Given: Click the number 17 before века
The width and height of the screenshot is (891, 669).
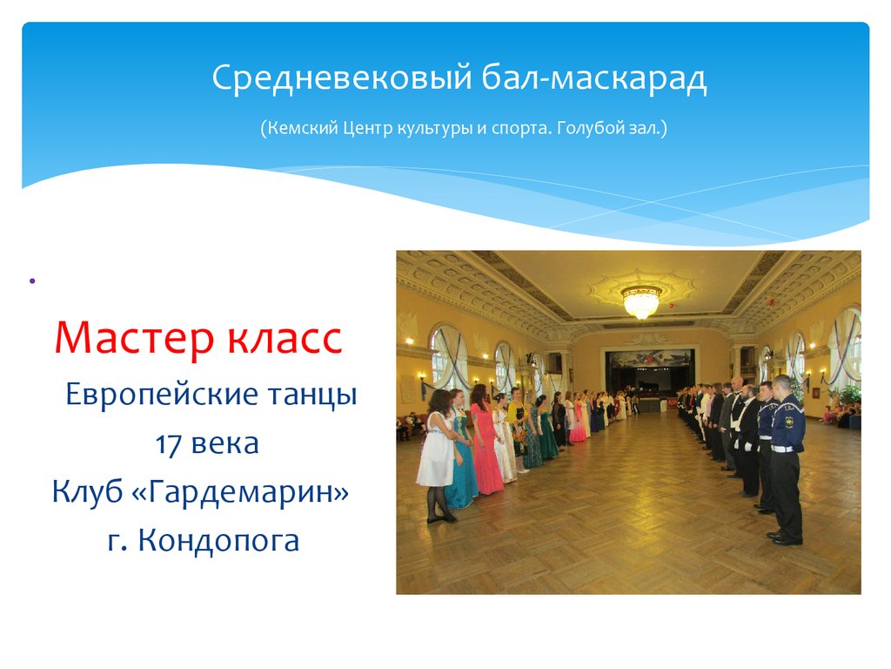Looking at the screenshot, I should [x=167, y=443].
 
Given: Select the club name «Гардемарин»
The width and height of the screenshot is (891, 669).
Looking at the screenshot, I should [x=249, y=492].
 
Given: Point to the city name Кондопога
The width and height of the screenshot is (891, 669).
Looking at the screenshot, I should [x=218, y=541].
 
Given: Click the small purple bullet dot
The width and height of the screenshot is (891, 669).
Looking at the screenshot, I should [x=31, y=280].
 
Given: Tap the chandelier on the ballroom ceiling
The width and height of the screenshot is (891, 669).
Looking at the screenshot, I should [x=641, y=300].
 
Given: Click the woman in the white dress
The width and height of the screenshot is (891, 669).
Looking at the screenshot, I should [x=438, y=453].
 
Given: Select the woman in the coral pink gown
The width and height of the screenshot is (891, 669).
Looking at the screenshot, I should [x=485, y=444].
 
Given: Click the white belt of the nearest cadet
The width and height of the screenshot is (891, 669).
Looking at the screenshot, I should [x=785, y=448].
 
